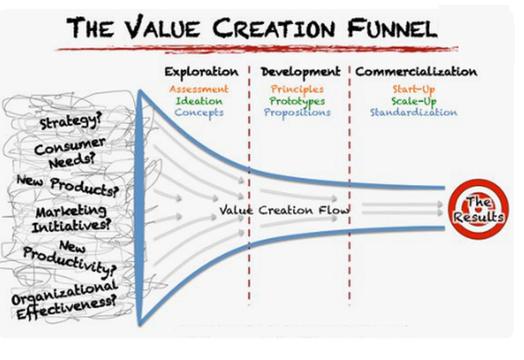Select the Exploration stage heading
click(202, 71)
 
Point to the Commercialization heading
click(415, 71)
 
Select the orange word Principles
click(297, 89)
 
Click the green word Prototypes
click(297, 101)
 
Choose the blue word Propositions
click(297, 113)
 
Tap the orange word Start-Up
click(415, 89)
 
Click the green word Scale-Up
click(415, 101)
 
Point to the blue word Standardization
click(415, 113)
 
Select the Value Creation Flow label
click(285, 211)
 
